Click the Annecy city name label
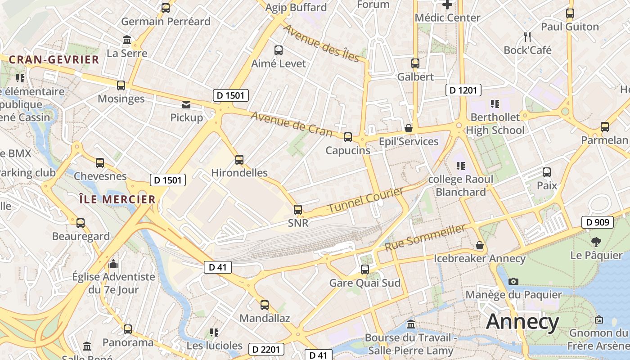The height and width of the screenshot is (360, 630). [x=522, y=322]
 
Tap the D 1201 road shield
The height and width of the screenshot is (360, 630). [x=463, y=90]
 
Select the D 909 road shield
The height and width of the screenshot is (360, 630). [x=598, y=222]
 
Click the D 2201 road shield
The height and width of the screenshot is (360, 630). [x=266, y=349]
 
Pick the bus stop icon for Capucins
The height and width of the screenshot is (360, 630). [x=347, y=137]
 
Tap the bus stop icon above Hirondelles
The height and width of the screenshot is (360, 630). [x=239, y=159]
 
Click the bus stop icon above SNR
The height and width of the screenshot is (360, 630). [x=297, y=209]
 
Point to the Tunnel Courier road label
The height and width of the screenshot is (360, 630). [x=365, y=201]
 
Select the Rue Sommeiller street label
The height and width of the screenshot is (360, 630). [x=425, y=238]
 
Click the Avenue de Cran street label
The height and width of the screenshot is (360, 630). [x=292, y=124]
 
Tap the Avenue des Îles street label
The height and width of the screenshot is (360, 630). [x=321, y=43]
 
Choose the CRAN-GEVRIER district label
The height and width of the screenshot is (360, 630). [x=54, y=60]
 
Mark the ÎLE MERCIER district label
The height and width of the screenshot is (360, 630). [x=117, y=199]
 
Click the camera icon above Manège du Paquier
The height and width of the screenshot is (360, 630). [x=513, y=282]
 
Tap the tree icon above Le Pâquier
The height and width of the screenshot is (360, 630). [x=596, y=242]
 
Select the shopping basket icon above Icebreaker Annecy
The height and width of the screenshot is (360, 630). [x=480, y=246]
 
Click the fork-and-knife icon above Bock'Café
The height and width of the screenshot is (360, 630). [x=527, y=36]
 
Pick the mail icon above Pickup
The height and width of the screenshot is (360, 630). [x=186, y=105]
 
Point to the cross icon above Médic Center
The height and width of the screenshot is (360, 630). [x=447, y=5]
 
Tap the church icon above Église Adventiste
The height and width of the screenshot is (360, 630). [x=113, y=263]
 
